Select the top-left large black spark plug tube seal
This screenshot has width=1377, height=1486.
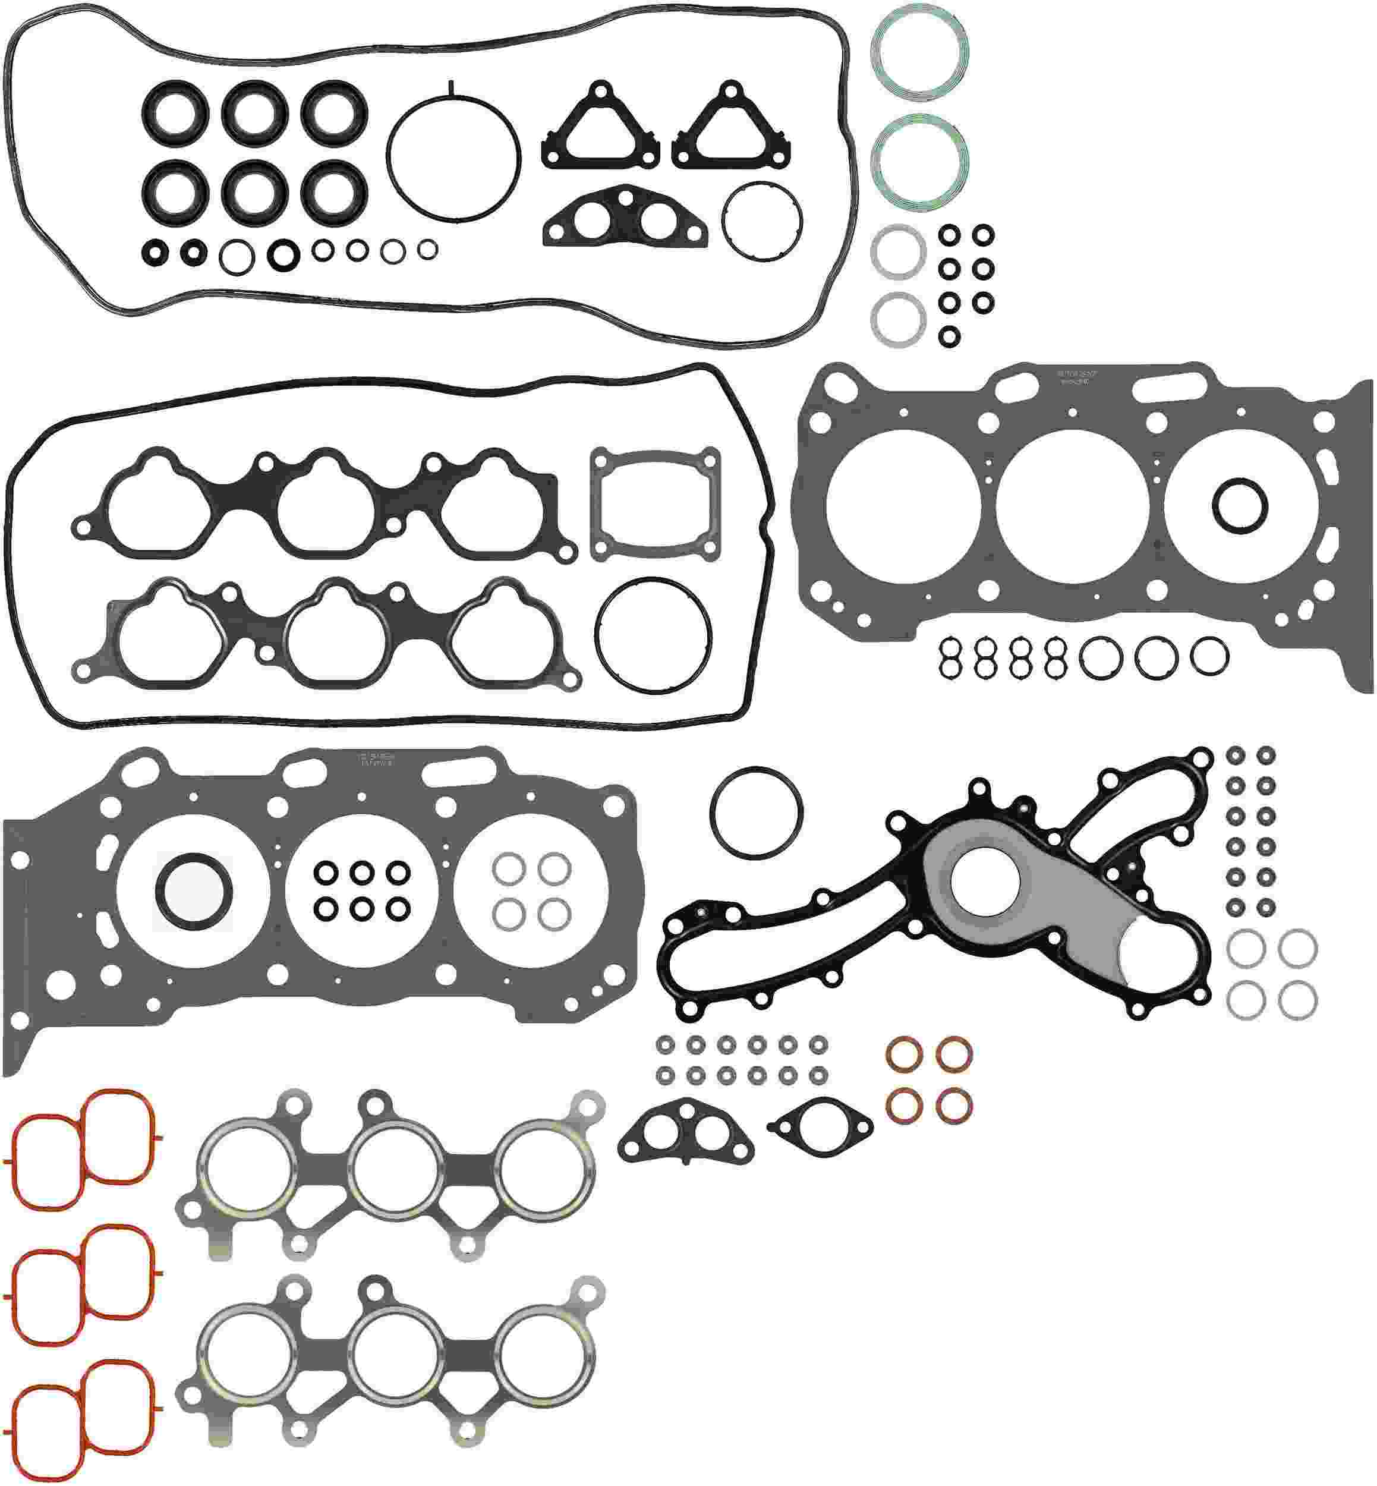tap(174, 114)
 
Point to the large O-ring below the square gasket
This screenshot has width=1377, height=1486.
tap(654, 635)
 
